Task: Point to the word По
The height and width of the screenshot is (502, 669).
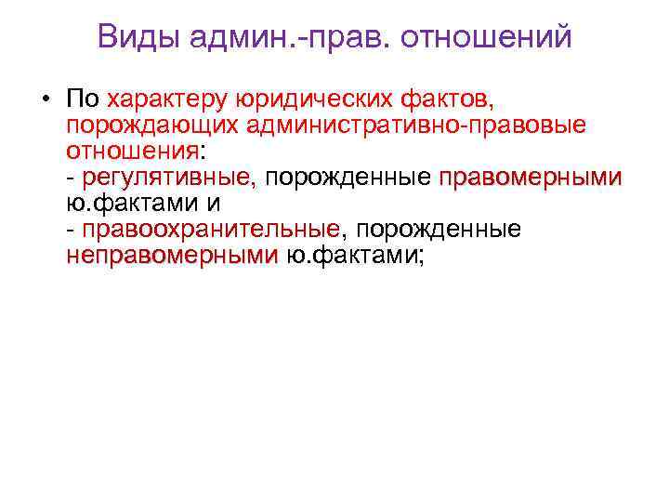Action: pyautogui.click(x=82, y=98)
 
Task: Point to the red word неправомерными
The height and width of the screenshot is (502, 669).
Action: pyautogui.click(x=171, y=255)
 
